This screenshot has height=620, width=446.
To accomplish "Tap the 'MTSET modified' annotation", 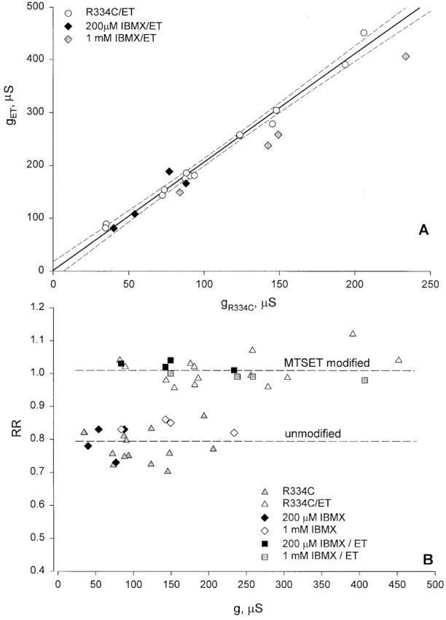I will [x=324, y=362].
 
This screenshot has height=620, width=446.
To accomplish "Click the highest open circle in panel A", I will [x=364, y=33].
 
